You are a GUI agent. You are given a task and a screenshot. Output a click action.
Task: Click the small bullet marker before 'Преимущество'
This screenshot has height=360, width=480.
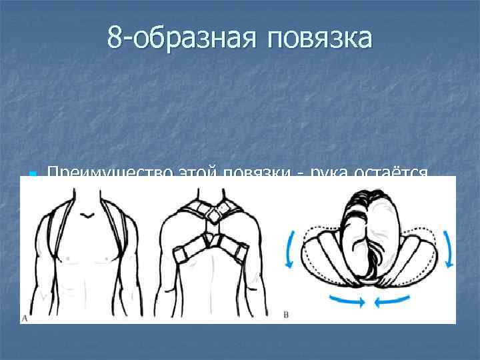[31, 175]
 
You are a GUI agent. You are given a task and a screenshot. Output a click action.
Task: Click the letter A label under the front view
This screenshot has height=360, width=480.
[25, 318]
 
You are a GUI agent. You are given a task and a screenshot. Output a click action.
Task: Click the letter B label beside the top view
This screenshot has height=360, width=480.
[286, 313]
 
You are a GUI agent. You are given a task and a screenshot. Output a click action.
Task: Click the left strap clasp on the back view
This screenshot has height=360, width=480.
[181, 256]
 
